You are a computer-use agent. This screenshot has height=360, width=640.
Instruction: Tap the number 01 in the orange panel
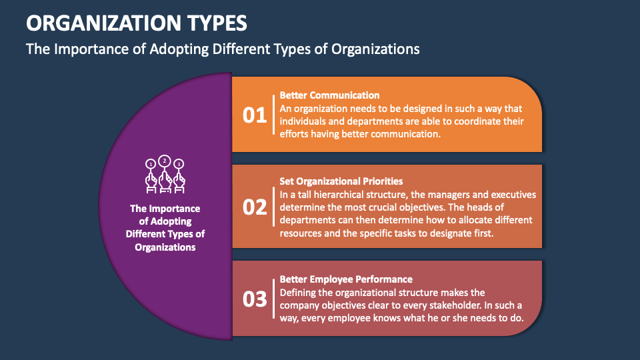[x=254, y=115]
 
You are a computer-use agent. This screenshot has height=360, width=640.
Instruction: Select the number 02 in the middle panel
[x=254, y=207]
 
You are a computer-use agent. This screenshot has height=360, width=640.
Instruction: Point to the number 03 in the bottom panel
[x=254, y=299]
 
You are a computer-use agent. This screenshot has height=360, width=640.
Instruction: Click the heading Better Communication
[x=329, y=95]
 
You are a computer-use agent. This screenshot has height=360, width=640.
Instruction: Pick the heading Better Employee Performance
[x=346, y=279]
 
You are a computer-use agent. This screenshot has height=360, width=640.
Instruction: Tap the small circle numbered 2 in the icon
[x=165, y=161]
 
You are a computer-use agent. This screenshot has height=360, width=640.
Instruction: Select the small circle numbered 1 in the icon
[x=151, y=164]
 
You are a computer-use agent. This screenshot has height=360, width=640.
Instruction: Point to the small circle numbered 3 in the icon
[x=179, y=164]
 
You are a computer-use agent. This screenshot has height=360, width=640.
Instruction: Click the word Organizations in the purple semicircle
[x=165, y=247]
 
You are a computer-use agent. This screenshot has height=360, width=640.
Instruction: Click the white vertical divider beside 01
[x=273, y=115]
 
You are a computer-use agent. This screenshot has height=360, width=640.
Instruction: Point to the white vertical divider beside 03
[x=273, y=299]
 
